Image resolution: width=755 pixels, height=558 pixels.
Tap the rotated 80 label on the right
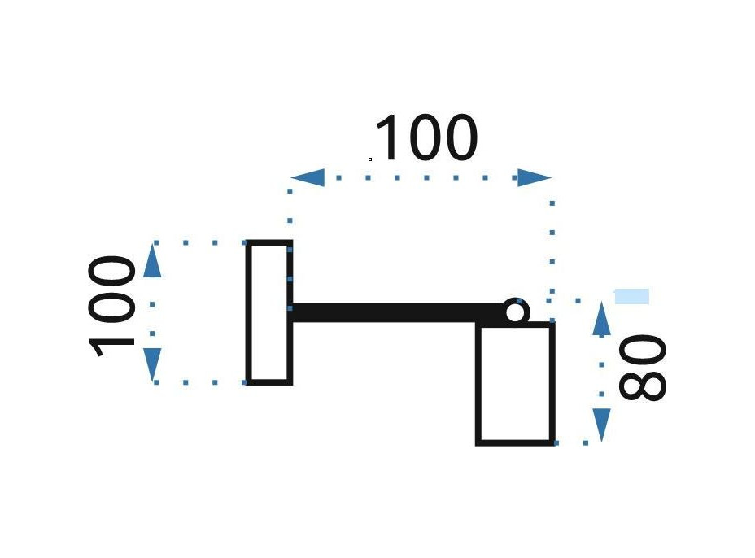[642, 368]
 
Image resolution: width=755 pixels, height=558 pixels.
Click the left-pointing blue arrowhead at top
[308, 177]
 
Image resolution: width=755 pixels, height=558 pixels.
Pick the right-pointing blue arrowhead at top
[535, 177]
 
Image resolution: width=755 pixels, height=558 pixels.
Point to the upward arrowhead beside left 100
[152, 262]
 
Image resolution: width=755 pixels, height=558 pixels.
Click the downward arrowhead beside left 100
[152, 364]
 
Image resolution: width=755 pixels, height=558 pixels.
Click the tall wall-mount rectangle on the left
[269, 312]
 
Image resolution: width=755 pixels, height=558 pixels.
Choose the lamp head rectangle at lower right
[515, 383]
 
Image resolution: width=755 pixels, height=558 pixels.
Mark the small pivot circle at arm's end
[515, 311]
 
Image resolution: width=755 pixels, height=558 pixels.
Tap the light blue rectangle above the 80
[631, 296]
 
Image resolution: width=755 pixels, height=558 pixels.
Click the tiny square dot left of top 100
[370, 159]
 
